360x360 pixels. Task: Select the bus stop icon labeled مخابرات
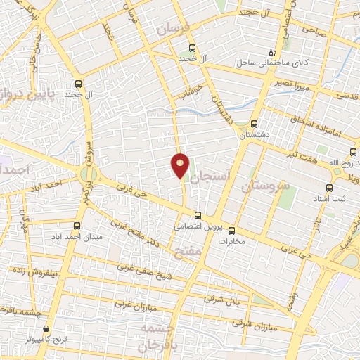tap(232, 231)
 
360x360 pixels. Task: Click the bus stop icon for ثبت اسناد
tap(329, 188)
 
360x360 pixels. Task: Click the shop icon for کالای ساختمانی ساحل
tap(274, 53)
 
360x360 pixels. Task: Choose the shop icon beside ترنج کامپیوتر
tap(46, 328)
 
